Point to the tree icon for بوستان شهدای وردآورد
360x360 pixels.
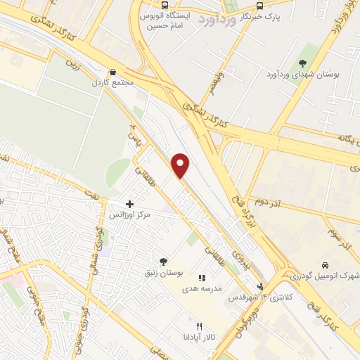click(x=302, y=64)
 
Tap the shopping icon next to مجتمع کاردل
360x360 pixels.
click(x=112, y=72)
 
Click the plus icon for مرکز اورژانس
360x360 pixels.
click(x=130, y=204)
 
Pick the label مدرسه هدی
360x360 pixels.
click(x=202, y=288)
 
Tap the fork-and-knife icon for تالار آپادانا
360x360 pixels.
click(x=200, y=326)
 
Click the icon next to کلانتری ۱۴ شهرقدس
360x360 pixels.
click(x=262, y=286)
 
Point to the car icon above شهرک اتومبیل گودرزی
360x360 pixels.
click(x=325, y=265)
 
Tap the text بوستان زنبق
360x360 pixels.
click(x=165, y=272)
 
